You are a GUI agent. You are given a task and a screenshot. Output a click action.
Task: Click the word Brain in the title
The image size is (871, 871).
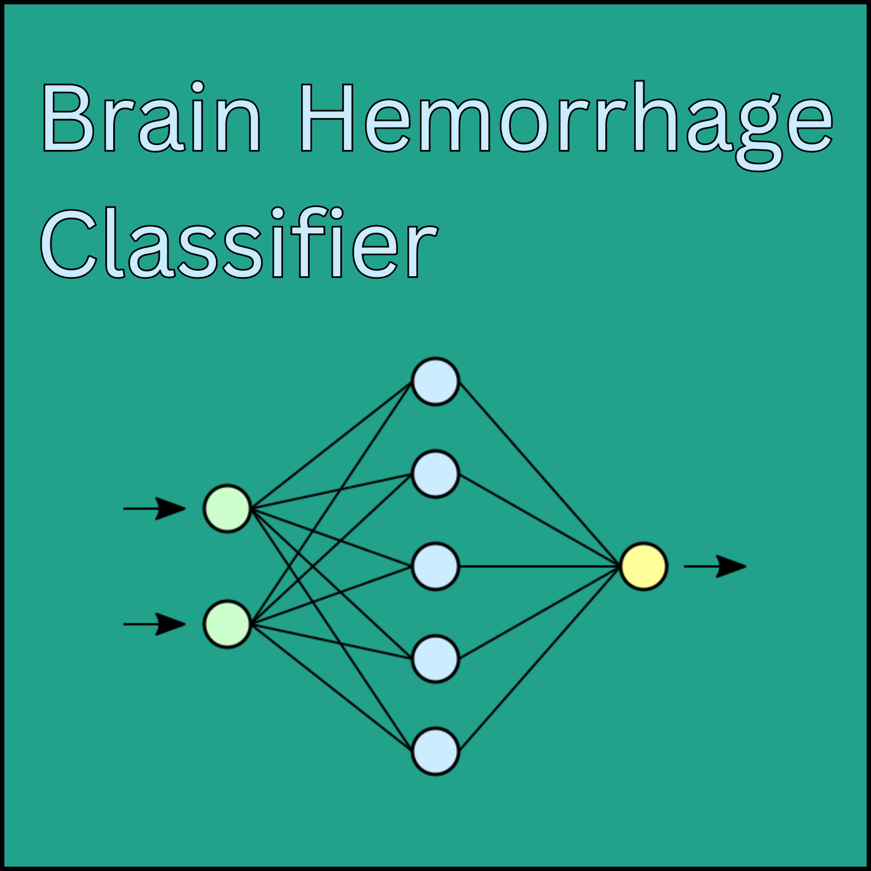tap(152, 116)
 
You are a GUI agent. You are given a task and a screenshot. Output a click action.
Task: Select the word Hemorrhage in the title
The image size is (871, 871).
tap(565, 126)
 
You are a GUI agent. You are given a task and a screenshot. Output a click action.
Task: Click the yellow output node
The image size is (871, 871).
tap(644, 566)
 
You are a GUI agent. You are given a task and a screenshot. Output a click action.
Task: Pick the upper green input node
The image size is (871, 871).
tap(227, 508)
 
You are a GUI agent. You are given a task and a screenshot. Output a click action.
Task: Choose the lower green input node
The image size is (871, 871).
tap(227, 624)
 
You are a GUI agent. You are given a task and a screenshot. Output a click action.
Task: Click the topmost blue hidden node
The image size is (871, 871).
tap(435, 381)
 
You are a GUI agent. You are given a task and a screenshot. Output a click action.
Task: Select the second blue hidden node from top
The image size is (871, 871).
tap(435, 473)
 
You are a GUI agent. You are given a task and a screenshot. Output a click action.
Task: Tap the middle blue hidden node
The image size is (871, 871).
tap(435, 566)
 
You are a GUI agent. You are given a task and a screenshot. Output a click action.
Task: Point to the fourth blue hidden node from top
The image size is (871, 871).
tap(435, 659)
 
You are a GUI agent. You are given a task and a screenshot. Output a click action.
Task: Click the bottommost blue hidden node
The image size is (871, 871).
tap(435, 751)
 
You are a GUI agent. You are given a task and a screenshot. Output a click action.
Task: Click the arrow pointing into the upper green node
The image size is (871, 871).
tap(154, 508)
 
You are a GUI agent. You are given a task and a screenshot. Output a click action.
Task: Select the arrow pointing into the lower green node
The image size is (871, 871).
tap(154, 624)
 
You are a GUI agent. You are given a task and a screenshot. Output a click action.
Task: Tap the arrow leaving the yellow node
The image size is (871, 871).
tap(715, 566)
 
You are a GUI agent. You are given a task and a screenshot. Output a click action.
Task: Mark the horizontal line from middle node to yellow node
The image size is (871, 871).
tap(539, 566)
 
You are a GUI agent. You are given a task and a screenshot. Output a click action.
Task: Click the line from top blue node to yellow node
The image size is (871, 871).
tap(539, 474)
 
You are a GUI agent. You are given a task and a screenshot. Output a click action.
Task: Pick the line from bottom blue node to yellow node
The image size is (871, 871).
tap(539, 658)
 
